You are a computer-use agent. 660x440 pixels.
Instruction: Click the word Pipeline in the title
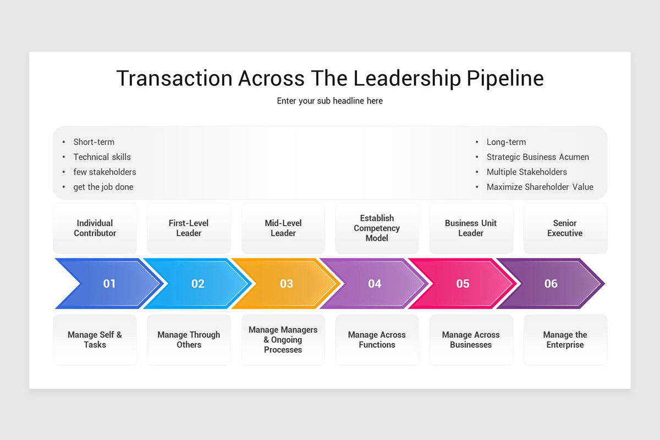click(x=505, y=79)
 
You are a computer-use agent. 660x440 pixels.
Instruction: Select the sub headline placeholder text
click(x=330, y=101)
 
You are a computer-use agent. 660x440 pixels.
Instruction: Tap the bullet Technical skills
click(x=102, y=157)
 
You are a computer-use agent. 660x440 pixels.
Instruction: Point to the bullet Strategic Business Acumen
click(x=537, y=157)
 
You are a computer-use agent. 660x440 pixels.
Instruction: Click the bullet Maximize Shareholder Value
click(x=540, y=187)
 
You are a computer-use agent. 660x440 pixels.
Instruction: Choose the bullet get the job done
click(x=103, y=187)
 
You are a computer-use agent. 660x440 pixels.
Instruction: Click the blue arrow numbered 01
click(x=109, y=284)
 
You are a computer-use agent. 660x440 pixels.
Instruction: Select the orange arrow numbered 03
click(x=286, y=284)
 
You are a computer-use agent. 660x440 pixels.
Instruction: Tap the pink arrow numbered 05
click(x=463, y=284)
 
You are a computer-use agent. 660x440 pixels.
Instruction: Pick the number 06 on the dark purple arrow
click(x=551, y=284)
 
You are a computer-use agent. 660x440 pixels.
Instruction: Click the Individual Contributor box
click(x=95, y=228)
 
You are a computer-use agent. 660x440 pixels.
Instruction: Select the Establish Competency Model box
click(x=377, y=228)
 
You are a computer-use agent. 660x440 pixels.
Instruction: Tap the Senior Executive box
click(x=565, y=228)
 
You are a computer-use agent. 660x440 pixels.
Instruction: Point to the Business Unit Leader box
click(x=471, y=228)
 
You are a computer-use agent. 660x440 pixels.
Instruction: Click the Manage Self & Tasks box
click(x=95, y=340)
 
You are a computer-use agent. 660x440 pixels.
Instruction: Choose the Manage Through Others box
click(x=189, y=340)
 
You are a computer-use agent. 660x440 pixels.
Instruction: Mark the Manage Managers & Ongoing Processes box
click(x=283, y=340)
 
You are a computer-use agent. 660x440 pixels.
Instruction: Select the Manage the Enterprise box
click(x=565, y=340)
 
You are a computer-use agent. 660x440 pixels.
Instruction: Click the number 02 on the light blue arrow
click(x=198, y=284)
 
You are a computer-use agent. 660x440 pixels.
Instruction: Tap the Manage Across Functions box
click(x=377, y=340)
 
